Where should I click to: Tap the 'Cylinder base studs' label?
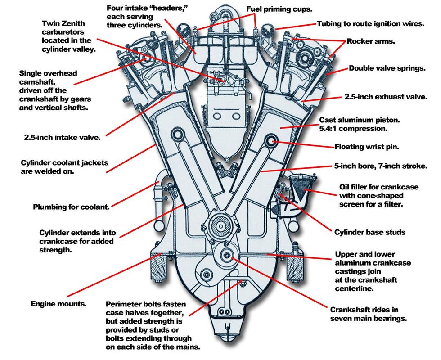coord(370,232)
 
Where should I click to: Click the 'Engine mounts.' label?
coord(58,304)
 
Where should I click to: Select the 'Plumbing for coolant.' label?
coord(72,207)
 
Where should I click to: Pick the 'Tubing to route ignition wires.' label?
coord(370,23)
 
